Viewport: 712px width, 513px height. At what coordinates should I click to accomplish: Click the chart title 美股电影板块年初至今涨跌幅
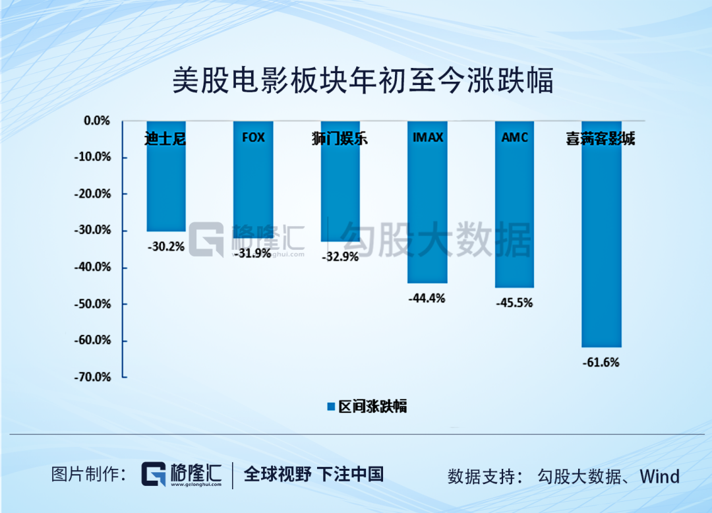click(x=362, y=82)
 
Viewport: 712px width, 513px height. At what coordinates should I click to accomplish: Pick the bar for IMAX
click(x=427, y=211)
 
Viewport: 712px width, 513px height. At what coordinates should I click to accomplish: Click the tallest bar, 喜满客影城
click(x=601, y=244)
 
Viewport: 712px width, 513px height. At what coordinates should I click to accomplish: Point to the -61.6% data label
click(x=601, y=362)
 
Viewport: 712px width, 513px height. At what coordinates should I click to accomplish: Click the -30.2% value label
click(x=165, y=247)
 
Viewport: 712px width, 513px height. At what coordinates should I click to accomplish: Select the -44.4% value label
click(x=427, y=298)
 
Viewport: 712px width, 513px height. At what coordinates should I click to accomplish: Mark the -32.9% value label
click(x=340, y=257)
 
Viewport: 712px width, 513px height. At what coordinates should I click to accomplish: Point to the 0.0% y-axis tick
click(x=96, y=121)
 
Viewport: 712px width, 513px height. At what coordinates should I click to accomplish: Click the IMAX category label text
click(x=427, y=138)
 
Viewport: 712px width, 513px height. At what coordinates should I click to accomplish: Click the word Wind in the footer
click(x=660, y=476)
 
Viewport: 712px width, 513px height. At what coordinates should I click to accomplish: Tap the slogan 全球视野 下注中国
click(x=314, y=474)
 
